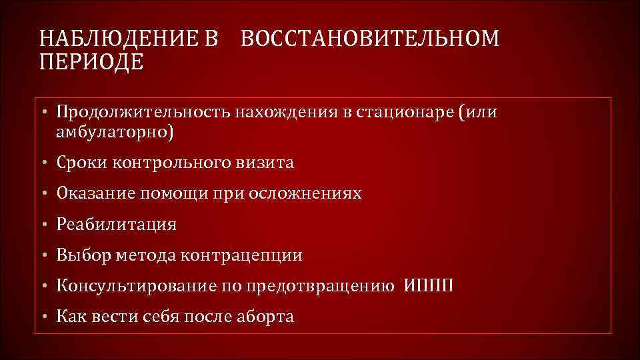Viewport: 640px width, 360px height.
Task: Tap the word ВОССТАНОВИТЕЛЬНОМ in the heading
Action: click(x=369, y=39)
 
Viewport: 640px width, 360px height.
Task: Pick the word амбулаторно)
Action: click(x=114, y=133)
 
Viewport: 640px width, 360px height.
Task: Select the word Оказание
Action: click(x=95, y=193)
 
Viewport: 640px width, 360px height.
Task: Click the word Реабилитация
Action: click(x=117, y=225)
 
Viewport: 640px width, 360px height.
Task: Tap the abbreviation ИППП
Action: click(x=428, y=286)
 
